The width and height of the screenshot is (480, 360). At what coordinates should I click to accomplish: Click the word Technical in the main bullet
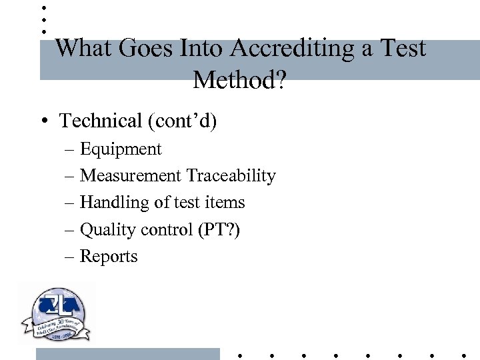101,121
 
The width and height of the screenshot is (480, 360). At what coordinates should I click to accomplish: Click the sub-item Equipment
121,149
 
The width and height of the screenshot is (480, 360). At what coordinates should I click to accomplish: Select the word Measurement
131,176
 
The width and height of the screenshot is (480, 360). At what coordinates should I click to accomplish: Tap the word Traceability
231,176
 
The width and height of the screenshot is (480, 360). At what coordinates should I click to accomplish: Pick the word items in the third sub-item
227,203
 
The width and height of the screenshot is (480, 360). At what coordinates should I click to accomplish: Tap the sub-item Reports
109,257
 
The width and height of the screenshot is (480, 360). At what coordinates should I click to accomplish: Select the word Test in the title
402,49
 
